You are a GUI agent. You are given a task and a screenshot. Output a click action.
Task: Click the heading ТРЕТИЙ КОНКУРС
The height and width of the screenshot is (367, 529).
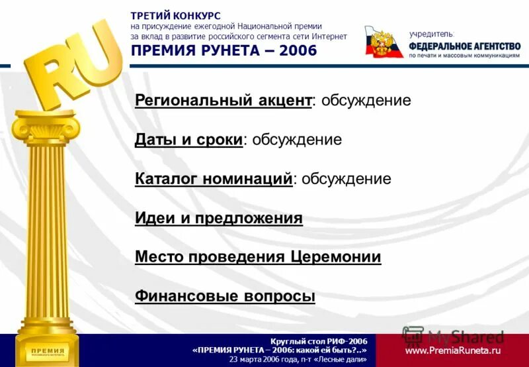(x=175, y=15)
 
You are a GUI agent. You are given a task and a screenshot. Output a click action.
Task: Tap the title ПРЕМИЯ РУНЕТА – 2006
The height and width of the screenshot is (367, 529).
(x=224, y=51)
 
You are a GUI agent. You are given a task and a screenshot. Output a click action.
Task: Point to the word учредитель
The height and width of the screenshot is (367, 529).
(x=431, y=33)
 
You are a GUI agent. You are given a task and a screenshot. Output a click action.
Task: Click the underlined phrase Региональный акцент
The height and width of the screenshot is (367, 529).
(x=223, y=101)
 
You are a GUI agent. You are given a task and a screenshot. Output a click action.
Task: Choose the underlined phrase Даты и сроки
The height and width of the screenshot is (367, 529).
(x=188, y=140)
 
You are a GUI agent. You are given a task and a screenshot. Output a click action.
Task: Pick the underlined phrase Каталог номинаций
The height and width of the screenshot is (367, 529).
(x=213, y=179)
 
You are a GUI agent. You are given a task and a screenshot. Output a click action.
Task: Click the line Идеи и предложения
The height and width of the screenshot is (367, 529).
(x=218, y=218)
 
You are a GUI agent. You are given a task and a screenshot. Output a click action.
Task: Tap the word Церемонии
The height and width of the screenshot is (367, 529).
(x=335, y=257)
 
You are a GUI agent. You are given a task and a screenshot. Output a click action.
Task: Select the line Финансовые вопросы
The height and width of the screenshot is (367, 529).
(x=225, y=296)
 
